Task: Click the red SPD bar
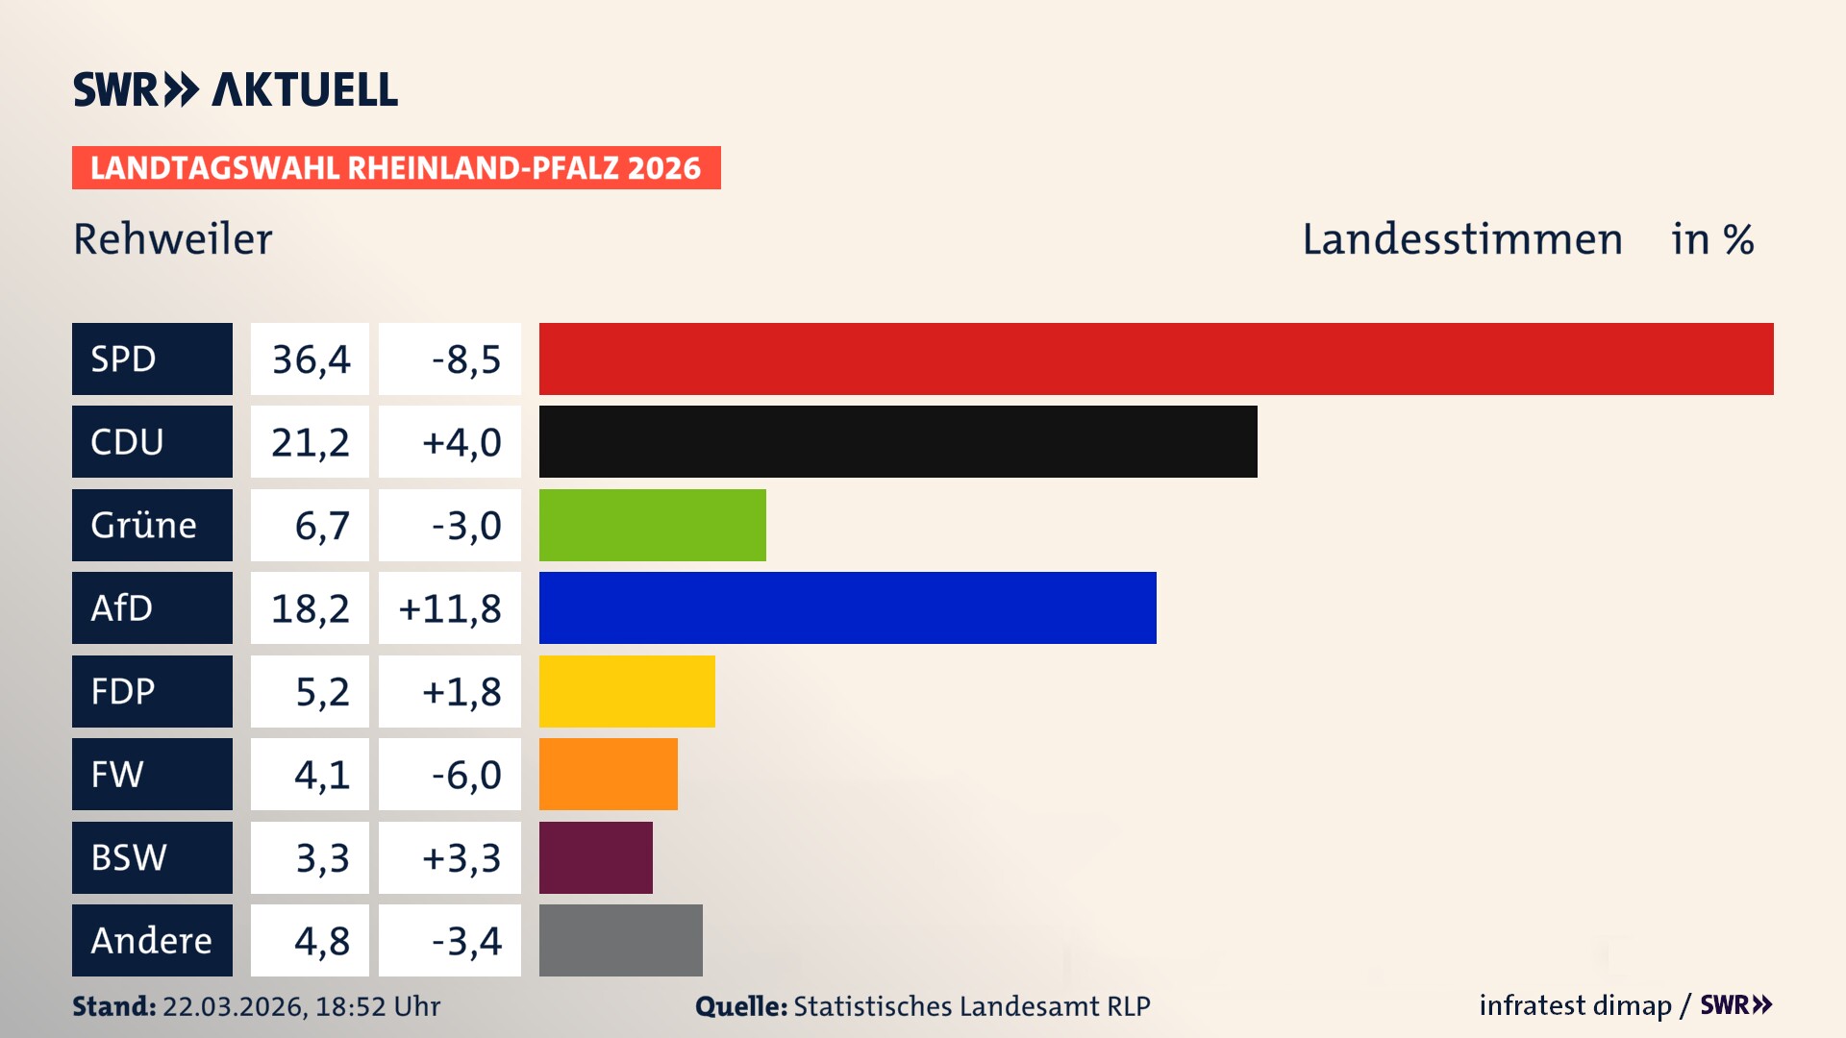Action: [1156, 358]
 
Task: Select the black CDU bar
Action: [898, 441]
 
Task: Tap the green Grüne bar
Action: [652, 525]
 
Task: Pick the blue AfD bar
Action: [847, 607]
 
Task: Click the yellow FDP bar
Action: [627, 691]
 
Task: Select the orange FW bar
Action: [608, 774]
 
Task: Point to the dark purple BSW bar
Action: [595, 857]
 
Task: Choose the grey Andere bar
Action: [620, 940]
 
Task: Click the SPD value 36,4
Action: [311, 359]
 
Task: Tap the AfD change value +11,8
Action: [450, 608]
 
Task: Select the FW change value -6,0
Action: [466, 775]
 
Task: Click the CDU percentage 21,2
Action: [310, 442]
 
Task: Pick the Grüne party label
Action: [144, 525]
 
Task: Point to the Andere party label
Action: [151, 940]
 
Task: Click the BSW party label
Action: [129, 857]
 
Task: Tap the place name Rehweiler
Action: [173, 239]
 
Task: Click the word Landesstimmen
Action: [1461, 239]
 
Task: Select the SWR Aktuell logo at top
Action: [236, 89]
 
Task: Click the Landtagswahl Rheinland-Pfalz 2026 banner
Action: [396, 168]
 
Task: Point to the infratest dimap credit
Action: [1575, 1005]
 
